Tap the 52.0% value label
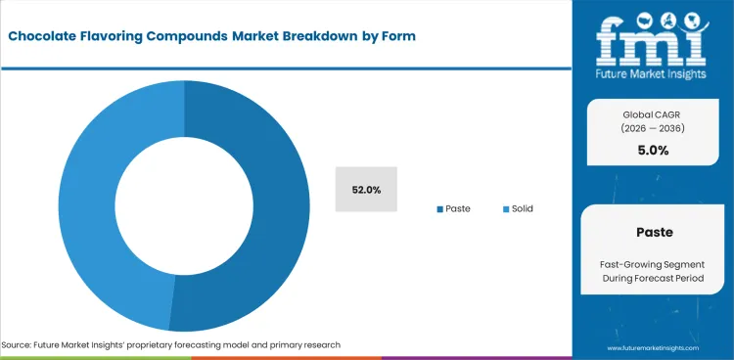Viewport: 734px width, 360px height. [366, 190]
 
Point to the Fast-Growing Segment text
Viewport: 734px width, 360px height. [653, 265]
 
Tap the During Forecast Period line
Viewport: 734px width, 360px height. [653, 282]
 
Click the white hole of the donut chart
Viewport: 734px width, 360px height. [184, 205]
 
